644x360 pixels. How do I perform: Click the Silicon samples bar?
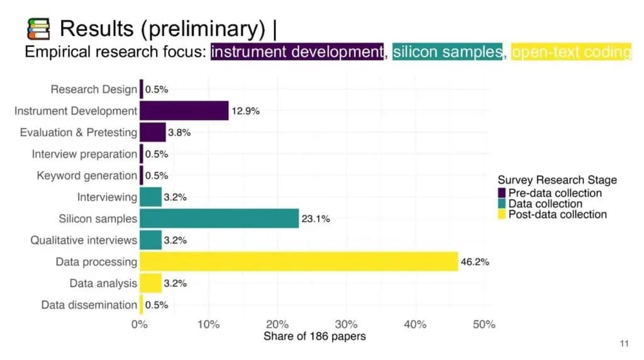[219, 218]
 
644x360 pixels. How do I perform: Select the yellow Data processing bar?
[299, 261]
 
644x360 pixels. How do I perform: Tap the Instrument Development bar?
[184, 111]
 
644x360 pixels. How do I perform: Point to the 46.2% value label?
[475, 261]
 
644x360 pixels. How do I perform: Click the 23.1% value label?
[316, 219]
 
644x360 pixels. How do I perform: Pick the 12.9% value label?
[245, 111]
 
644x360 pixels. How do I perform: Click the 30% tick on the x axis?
[347, 325]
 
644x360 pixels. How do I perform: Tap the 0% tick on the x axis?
[139, 325]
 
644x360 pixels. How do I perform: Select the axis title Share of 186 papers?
[314, 336]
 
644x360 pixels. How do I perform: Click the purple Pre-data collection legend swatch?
[502, 193]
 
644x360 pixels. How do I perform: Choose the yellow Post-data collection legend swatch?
[502, 215]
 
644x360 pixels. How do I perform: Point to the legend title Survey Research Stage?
[557, 180]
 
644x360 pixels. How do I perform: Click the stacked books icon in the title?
[38, 28]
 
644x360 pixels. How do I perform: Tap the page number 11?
[624, 344]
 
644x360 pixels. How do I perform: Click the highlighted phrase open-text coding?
[571, 52]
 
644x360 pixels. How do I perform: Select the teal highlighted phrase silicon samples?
[447, 52]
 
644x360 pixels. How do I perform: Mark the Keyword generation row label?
[87, 176]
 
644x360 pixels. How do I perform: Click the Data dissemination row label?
[89, 305]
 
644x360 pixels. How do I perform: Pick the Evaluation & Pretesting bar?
[152, 132]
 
